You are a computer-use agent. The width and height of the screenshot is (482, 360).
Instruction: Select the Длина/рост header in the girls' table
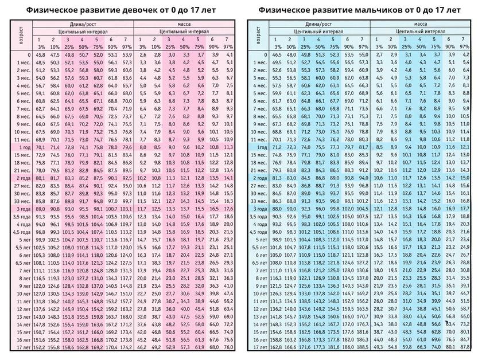click(x=83, y=24)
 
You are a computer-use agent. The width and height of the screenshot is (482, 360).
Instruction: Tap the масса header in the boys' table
click(x=420, y=24)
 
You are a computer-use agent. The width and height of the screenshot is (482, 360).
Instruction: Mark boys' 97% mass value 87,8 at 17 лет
click(x=465, y=347)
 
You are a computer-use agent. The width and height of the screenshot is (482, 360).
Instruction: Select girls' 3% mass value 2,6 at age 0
click(x=142, y=54)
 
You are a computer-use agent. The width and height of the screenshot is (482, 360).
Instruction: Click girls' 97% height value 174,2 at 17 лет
click(x=127, y=347)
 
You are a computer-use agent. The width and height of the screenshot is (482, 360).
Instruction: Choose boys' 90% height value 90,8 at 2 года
click(x=349, y=178)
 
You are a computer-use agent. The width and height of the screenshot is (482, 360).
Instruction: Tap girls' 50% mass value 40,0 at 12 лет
click(x=185, y=308)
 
